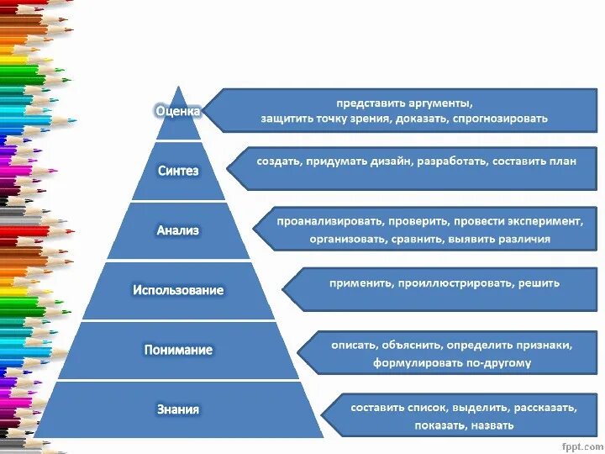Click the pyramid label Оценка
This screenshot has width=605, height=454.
178,110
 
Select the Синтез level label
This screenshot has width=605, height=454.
178,171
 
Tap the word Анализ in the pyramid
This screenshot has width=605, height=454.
178,230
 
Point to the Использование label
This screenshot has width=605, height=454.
178,290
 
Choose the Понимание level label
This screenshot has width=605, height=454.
178,350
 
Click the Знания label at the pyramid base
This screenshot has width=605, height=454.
178,409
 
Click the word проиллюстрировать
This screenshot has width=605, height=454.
455,283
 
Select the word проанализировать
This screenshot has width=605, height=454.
330,221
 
